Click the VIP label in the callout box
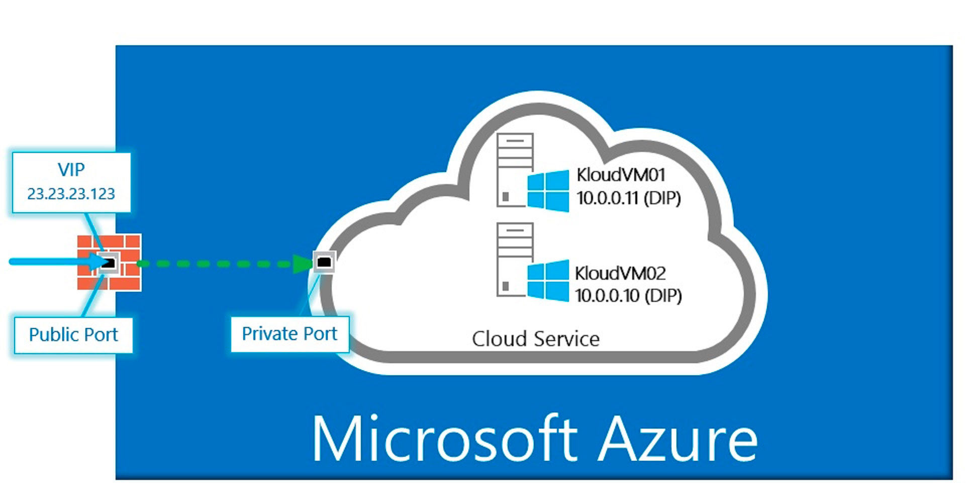coord(71,170)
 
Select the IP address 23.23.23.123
coord(71,194)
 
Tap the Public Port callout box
coord(73,335)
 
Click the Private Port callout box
coord(289,334)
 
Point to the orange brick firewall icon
coord(109,262)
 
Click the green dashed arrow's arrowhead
coord(304,263)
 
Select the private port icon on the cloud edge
coord(324,262)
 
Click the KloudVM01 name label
coord(621,175)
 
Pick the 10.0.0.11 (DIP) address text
coord(628,198)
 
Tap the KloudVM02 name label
coord(621,273)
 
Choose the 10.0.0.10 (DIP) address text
coord(628,295)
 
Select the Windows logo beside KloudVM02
coord(548,281)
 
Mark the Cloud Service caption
coord(536,339)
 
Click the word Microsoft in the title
coord(445,438)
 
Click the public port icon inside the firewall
coord(109,262)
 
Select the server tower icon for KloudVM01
coord(515,170)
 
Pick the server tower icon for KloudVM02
coord(515,260)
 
